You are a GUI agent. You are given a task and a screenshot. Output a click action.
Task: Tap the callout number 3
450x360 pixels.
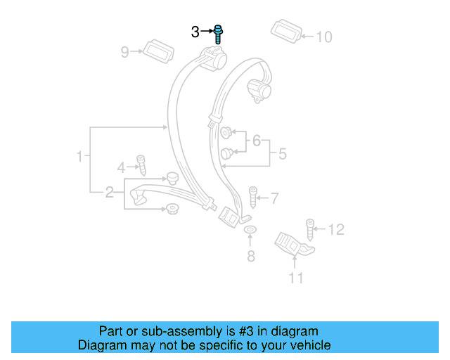[x=195, y=32]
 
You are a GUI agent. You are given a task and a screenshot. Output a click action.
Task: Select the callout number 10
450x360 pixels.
[x=323, y=37]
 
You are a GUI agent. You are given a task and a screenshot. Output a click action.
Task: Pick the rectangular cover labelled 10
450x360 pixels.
[x=286, y=31]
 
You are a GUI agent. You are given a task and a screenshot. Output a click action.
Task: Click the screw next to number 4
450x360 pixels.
[x=141, y=165]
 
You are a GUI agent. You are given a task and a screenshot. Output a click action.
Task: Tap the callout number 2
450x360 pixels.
[x=109, y=192]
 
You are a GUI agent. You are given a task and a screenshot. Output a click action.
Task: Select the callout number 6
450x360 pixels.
[x=256, y=141]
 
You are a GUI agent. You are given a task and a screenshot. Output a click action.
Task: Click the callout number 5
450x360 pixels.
[x=282, y=153]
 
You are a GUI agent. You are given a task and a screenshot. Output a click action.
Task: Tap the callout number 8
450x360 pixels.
[x=251, y=256]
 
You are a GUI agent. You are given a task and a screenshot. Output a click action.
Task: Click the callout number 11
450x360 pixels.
[x=296, y=278]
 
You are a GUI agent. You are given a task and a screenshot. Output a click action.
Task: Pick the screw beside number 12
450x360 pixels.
[x=309, y=229]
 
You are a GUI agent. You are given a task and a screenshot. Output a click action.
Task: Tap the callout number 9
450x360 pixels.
[x=125, y=51]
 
